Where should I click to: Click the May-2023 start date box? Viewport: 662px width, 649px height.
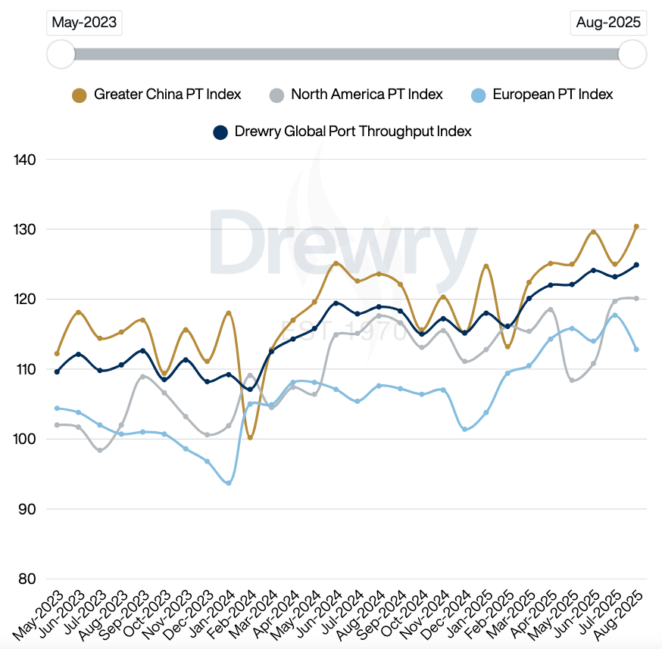coord(84,23)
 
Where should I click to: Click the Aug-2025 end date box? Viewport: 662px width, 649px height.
coord(608,23)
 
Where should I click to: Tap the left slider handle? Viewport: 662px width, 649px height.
coord(61,54)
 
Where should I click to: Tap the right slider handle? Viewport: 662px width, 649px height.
coord(632,54)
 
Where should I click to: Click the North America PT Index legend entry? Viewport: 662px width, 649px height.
coord(356,95)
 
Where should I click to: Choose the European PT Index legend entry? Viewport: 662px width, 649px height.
coord(542,95)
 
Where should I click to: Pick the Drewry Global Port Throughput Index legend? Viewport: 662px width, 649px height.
coord(342,132)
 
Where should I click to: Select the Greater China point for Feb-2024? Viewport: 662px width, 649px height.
coord(250,438)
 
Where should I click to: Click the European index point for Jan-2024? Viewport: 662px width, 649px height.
coord(229,483)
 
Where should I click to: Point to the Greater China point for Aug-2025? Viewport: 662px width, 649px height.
coord(636,226)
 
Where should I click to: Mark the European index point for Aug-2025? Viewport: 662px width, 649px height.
coord(636,349)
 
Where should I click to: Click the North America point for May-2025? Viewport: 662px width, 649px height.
coord(572,380)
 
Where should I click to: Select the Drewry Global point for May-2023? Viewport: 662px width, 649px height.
coord(57,371)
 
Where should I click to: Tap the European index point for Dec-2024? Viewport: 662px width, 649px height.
coord(464,429)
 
